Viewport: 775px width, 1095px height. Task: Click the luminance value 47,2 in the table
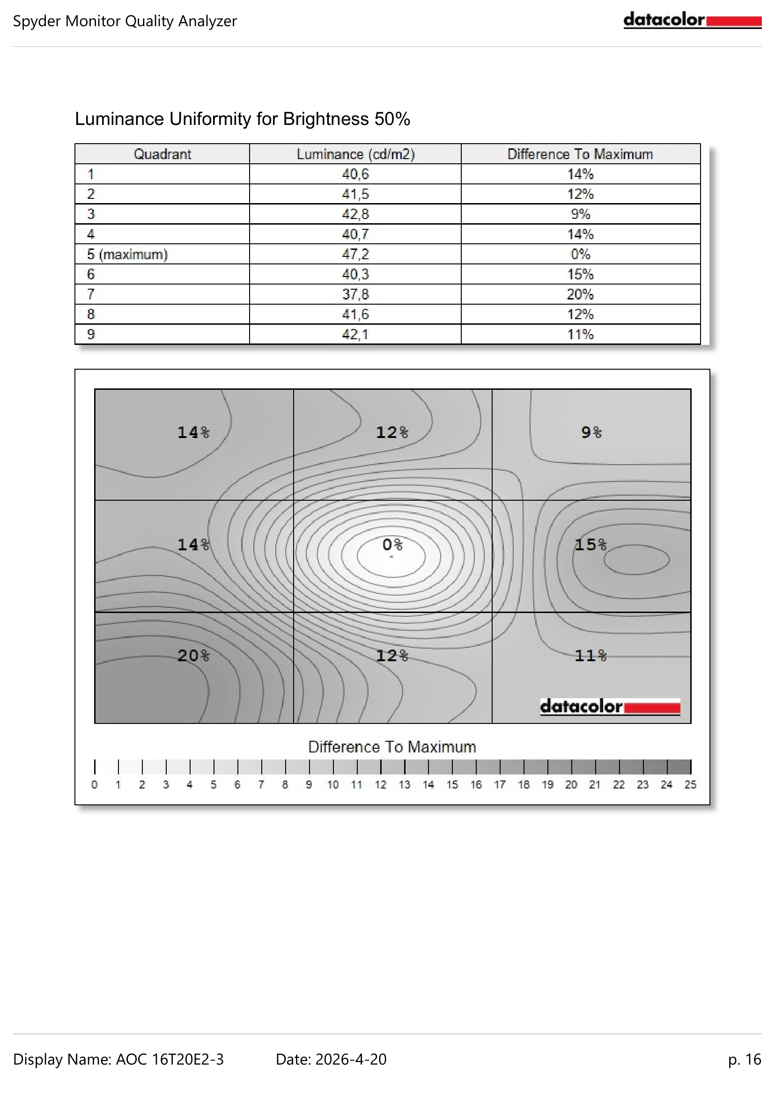pos(355,254)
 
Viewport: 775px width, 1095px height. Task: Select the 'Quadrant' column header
pos(162,154)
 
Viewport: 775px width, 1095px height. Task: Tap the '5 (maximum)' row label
pos(127,254)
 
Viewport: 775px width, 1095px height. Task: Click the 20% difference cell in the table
pos(580,294)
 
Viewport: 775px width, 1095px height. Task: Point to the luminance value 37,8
pos(355,294)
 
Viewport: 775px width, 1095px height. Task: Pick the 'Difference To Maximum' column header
pos(580,154)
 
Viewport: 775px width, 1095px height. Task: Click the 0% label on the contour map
pos(392,544)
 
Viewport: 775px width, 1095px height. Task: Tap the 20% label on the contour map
pos(193,656)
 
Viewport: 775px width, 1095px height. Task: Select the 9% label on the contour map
pos(591,432)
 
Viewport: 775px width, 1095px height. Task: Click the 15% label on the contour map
pos(590,544)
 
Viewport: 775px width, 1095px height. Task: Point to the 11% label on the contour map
pos(590,656)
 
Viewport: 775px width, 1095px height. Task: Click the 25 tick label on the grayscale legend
pos(690,785)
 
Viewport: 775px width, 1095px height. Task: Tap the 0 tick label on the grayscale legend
pos(95,785)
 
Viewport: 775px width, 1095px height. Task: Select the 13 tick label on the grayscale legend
pos(404,785)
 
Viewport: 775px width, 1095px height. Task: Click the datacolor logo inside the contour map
pos(610,706)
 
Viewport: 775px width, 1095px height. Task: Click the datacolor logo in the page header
pos(692,21)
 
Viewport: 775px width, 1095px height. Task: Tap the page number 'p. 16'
pos(745,1059)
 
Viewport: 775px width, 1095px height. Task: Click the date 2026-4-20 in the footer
pos(351,1059)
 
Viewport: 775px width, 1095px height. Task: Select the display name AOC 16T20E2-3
pos(170,1059)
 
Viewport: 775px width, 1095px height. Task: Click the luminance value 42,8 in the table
pos(355,214)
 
